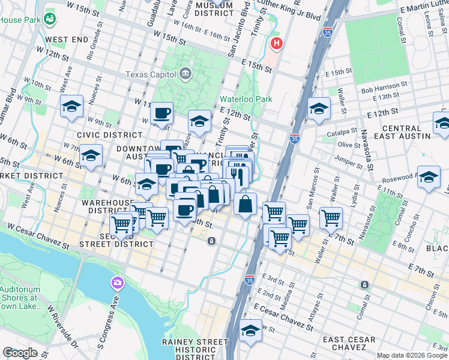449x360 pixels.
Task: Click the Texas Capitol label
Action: (150, 74)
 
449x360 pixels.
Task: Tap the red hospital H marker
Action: (276, 43)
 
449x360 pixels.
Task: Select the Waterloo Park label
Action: (246, 99)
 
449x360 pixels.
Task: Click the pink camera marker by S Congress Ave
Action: (117, 282)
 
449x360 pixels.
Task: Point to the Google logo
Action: (20, 353)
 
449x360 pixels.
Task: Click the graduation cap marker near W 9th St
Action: (71, 107)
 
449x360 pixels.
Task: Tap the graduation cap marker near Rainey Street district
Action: (250, 330)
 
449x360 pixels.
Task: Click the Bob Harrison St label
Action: (384, 90)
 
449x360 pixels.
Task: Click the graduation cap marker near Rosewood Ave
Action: (429, 178)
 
